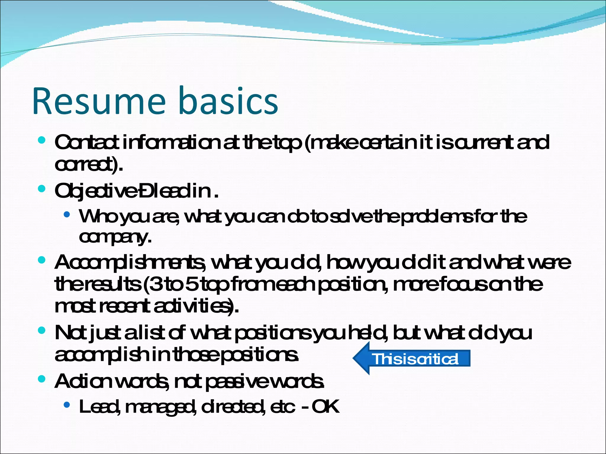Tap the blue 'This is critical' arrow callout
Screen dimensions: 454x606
click(414, 359)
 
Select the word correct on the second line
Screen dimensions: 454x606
click(86, 165)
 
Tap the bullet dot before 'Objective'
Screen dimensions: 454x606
click(42, 189)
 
